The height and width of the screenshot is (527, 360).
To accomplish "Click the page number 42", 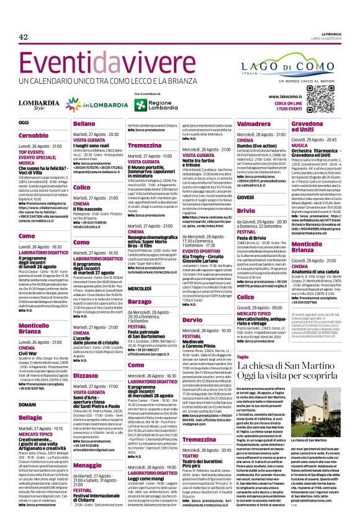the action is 24,37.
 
